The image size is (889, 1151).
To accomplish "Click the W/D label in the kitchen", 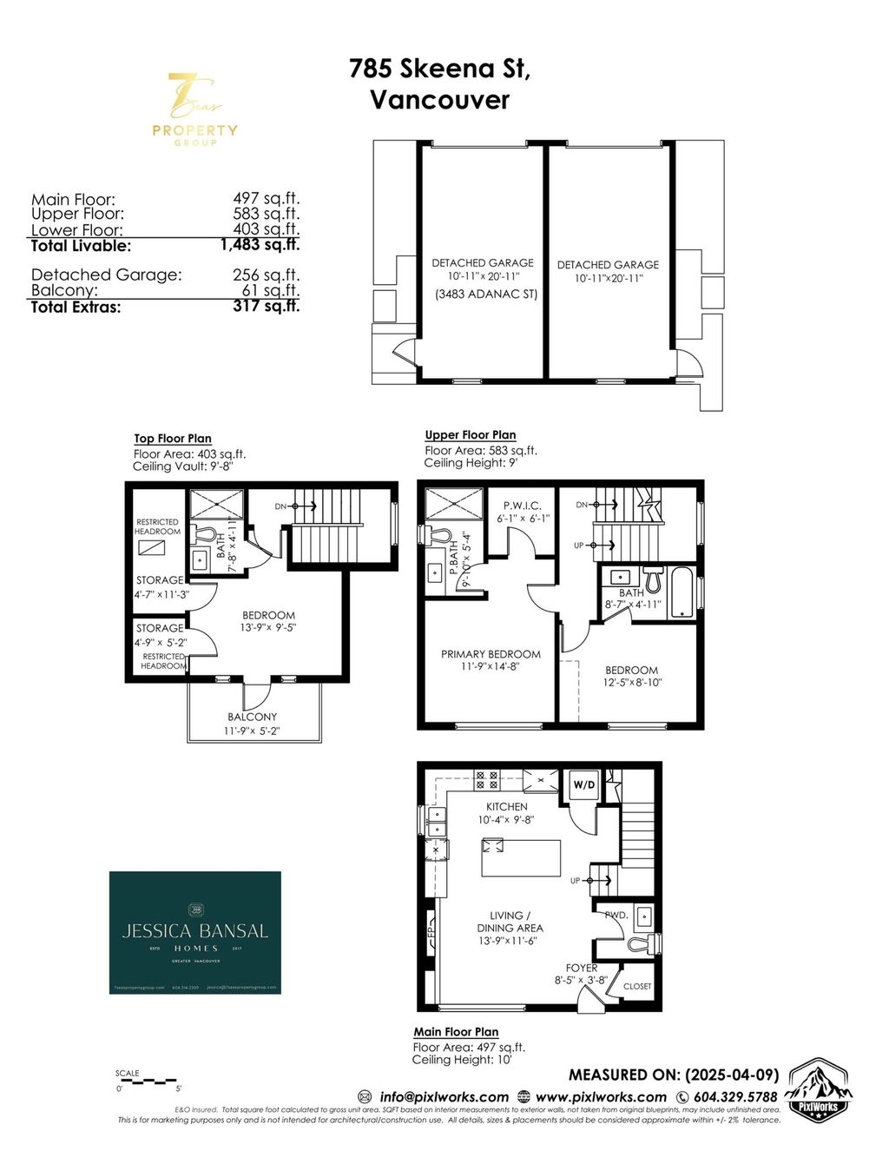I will [584, 785].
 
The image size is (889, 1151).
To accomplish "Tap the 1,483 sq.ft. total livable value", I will [260, 245].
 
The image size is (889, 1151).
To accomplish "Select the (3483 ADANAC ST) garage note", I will [486, 294].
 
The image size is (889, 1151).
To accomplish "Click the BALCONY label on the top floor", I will [253, 717].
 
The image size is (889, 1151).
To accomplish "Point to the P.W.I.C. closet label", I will [523, 506].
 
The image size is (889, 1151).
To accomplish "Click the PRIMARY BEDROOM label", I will [491, 654].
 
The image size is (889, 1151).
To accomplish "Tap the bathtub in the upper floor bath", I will [683, 592].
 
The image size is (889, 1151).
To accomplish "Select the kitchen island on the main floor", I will [521, 859].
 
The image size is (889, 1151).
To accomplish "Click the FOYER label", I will [582, 968].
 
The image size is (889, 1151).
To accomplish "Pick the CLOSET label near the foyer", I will [637, 986].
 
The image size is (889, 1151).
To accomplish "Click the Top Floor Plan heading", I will [173, 439].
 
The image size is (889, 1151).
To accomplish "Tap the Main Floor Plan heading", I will [456, 1032].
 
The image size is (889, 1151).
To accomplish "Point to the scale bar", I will [147, 1082].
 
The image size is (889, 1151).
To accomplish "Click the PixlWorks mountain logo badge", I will [818, 1092].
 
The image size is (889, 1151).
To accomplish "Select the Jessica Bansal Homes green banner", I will [195, 932].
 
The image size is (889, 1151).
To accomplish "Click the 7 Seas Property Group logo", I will [194, 109].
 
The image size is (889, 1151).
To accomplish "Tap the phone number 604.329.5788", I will [734, 1096].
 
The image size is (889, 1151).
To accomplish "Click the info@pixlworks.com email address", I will [444, 1096].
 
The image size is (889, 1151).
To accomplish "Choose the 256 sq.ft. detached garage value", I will [266, 275].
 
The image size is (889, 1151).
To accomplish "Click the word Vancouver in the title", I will [440, 99].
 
